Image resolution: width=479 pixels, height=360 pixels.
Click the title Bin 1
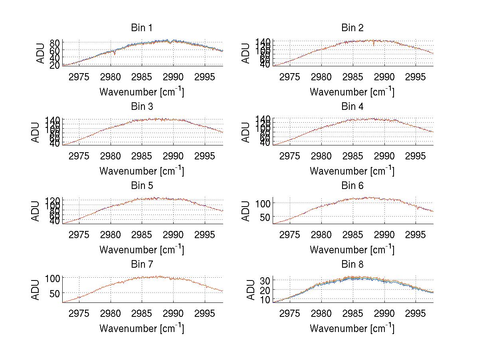coord(141,28)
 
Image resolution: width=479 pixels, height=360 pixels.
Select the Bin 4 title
coord(352,107)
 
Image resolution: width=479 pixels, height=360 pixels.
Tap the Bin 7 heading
coord(141,265)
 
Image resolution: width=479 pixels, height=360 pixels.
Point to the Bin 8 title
coord(352,265)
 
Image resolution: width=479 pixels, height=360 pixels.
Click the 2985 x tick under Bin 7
coord(142,313)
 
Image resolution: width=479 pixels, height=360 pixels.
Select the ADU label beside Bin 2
coord(246,53)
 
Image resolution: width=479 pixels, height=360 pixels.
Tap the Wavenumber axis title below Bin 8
coord(352,328)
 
